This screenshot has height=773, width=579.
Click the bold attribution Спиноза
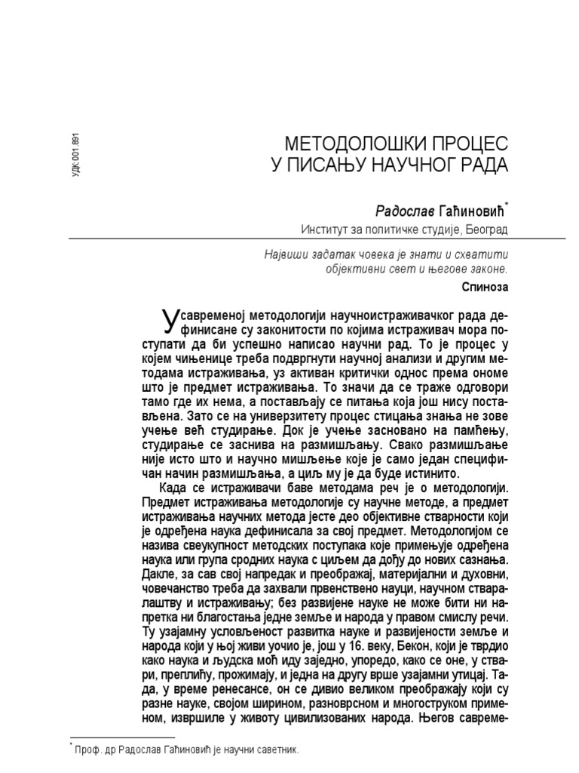point(485,288)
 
